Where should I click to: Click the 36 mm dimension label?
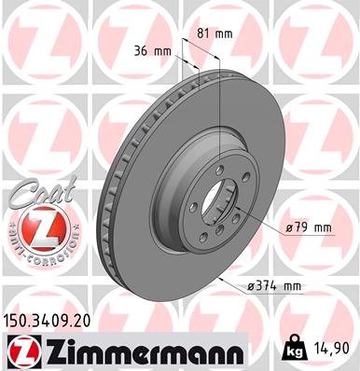point(151,50)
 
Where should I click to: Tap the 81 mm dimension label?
point(215,34)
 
